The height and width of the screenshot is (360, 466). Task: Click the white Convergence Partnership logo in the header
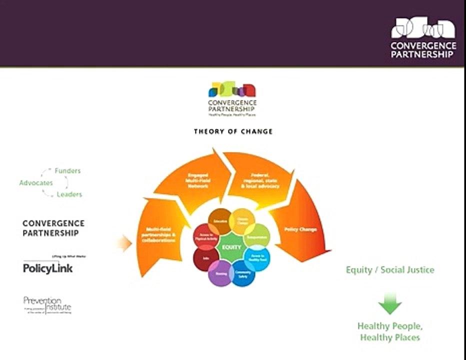[423, 38]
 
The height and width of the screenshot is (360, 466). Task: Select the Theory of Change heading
[233, 131]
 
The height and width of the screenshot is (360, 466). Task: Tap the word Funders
[67, 170]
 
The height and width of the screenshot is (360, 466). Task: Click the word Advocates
[36, 183]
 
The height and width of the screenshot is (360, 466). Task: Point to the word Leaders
[69, 194]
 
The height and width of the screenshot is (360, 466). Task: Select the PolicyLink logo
[48, 267]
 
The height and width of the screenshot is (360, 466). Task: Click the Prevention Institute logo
[47, 305]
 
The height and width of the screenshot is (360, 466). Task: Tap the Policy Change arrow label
[300, 229]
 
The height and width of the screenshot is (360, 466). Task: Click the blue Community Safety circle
[243, 273]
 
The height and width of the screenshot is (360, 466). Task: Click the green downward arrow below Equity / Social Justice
[390, 303]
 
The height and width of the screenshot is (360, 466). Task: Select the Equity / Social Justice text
[390, 270]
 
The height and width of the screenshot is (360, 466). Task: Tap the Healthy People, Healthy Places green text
[390, 331]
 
